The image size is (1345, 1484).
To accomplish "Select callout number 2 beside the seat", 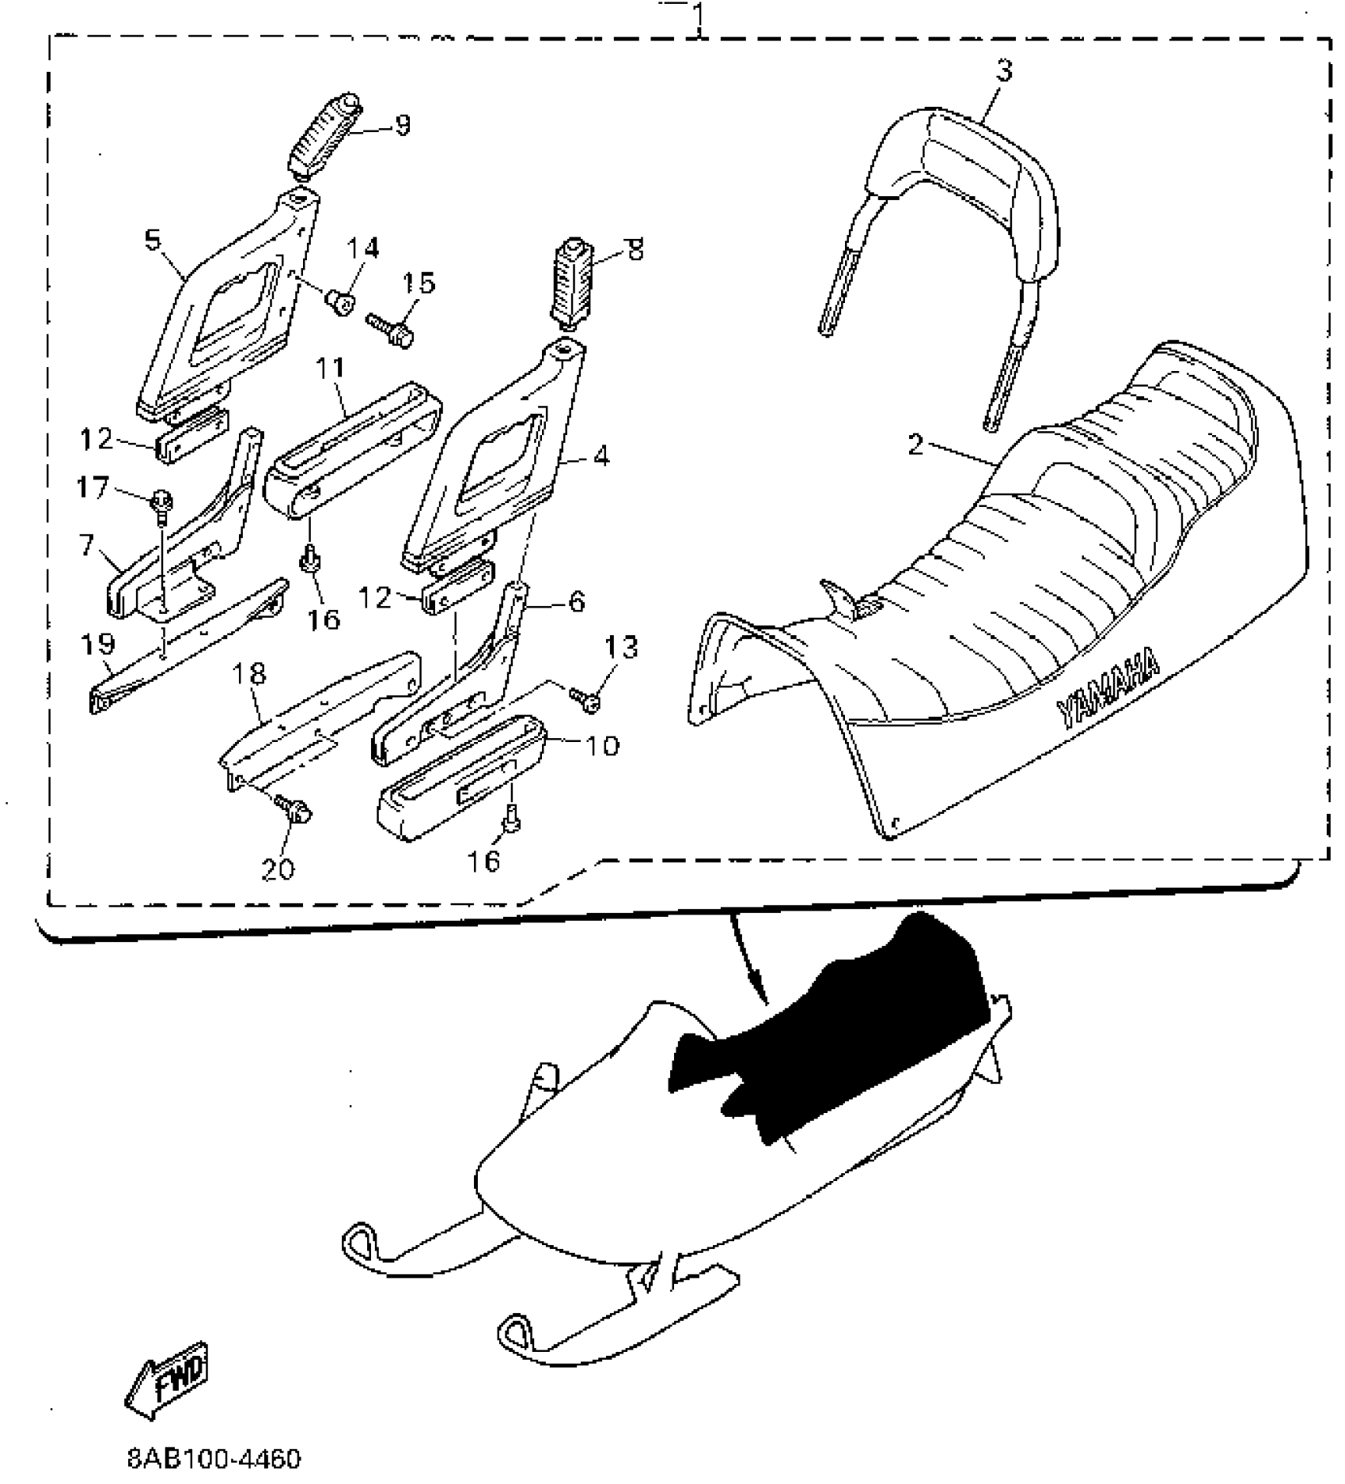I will pyautogui.click(x=915, y=445).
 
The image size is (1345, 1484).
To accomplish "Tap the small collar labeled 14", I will pyautogui.click(x=341, y=300).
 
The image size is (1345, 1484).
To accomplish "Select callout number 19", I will pyautogui.click(x=98, y=644).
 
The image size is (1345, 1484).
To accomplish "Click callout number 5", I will pyautogui.click(x=153, y=239).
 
